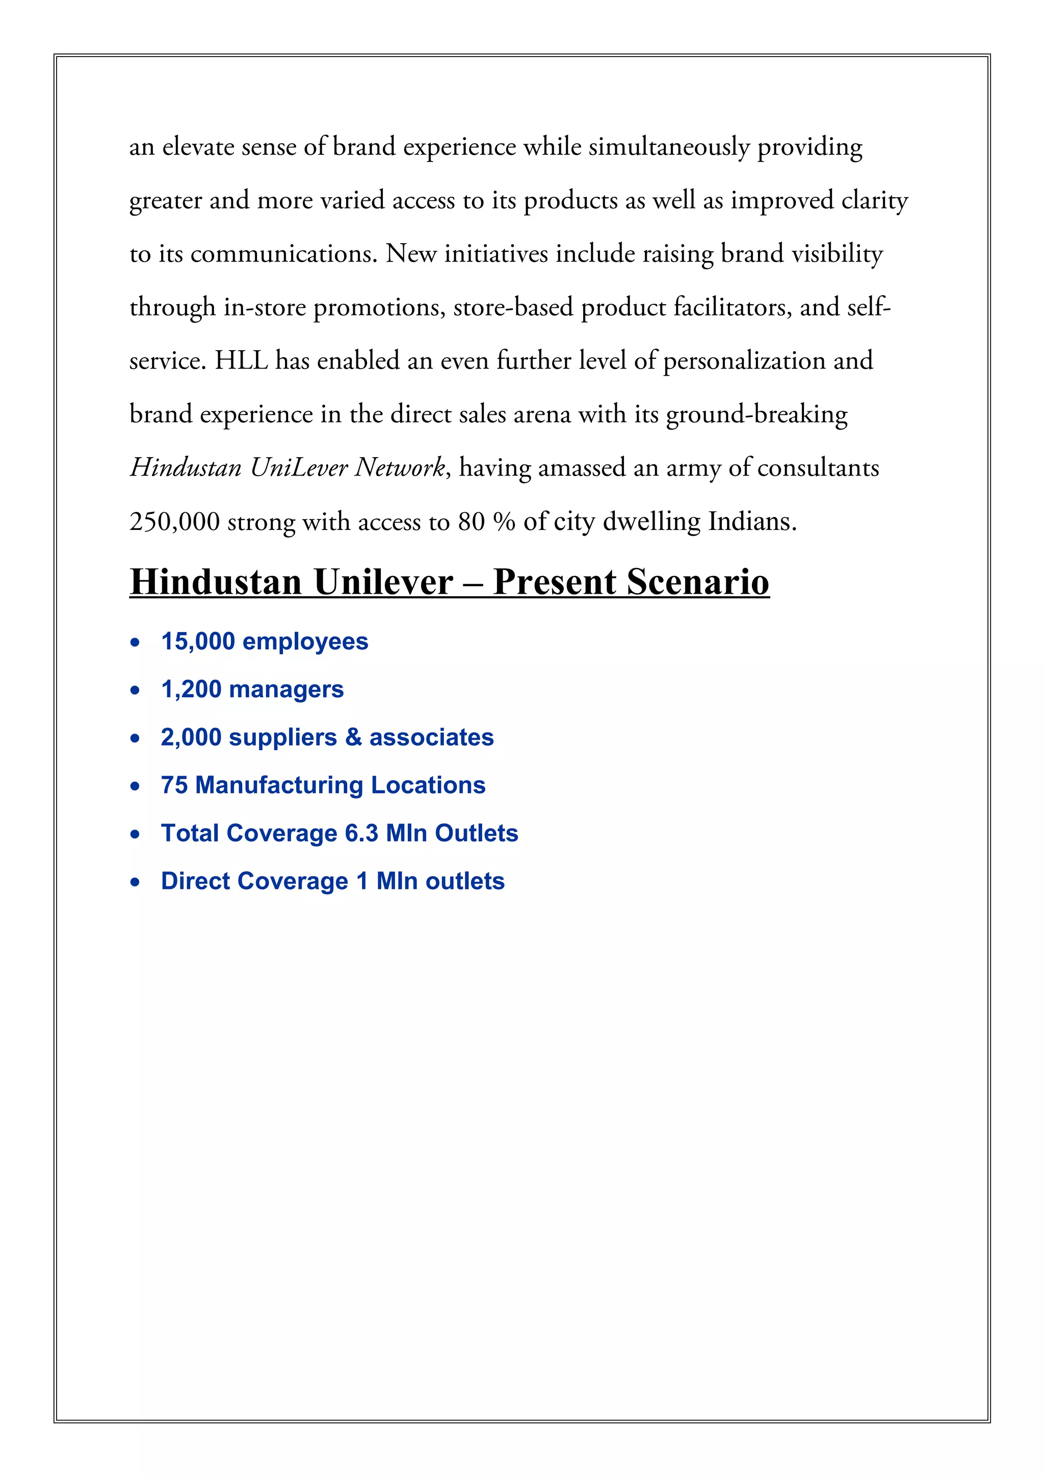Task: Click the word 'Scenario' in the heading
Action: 697,582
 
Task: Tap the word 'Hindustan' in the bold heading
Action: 216,582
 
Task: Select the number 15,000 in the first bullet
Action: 197,641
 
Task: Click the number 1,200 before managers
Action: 191,689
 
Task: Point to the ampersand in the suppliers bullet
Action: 353,737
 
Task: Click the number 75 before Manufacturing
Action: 174,785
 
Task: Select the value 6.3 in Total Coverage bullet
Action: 361,833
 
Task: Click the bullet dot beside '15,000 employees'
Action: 135,643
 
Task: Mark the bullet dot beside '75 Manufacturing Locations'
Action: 135,786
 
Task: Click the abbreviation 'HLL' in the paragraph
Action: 241,361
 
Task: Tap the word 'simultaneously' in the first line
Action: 669,147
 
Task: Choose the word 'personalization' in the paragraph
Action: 744,361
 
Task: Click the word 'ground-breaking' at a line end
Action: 756,414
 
